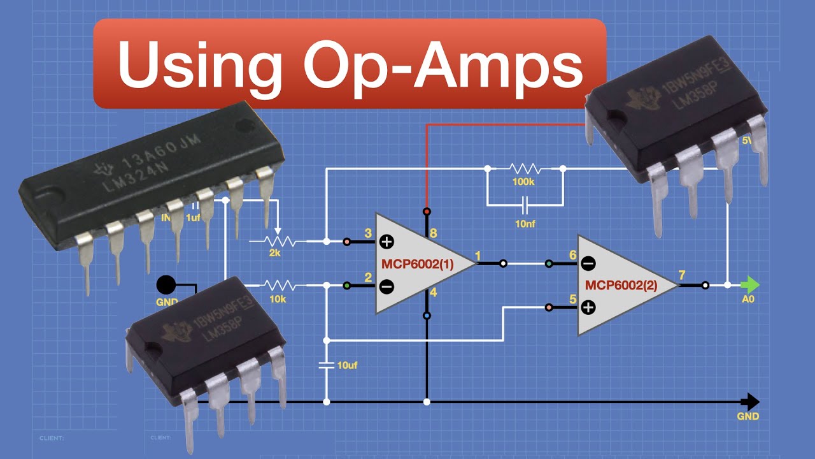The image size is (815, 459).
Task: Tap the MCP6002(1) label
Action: (x=417, y=264)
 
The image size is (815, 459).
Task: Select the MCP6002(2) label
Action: (x=621, y=285)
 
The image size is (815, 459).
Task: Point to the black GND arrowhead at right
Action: (x=752, y=402)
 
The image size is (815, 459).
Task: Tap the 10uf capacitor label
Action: (x=347, y=365)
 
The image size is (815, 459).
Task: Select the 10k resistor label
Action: (x=278, y=298)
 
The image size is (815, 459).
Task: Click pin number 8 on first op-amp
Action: (x=433, y=233)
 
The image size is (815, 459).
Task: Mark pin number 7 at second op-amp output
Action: (x=682, y=275)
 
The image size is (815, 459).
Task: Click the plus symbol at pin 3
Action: (x=386, y=242)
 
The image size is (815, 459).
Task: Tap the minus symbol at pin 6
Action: (x=588, y=263)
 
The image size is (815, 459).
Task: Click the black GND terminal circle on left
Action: (x=166, y=284)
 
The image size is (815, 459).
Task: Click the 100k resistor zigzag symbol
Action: (x=525, y=169)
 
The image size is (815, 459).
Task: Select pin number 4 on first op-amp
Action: (x=433, y=293)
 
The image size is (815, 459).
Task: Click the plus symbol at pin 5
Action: (x=588, y=307)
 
